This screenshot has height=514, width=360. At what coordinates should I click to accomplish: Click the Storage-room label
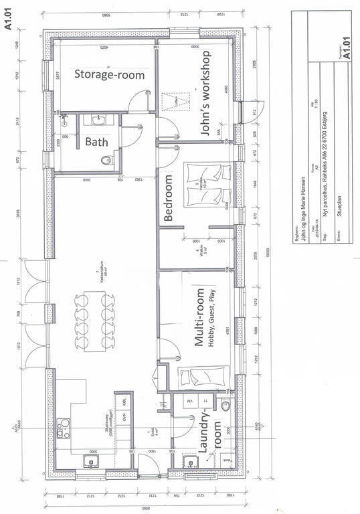click(x=109, y=75)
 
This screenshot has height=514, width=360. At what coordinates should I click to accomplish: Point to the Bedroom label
click(x=169, y=198)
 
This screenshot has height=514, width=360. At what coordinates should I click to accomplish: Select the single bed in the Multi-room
click(x=204, y=378)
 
